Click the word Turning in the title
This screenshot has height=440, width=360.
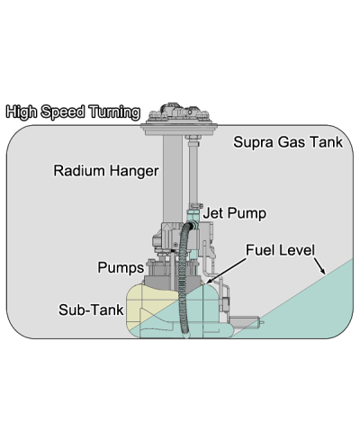(x=115, y=112)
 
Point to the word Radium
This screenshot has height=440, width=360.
(x=79, y=171)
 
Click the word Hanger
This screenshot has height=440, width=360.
(x=133, y=171)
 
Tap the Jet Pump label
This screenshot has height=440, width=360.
(x=235, y=213)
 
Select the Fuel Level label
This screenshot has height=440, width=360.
(x=281, y=250)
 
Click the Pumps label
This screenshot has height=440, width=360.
(x=121, y=267)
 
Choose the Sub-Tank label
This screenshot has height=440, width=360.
(x=91, y=310)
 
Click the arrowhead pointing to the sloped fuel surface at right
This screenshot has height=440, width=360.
(x=322, y=271)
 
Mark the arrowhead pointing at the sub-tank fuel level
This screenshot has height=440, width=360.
(x=210, y=280)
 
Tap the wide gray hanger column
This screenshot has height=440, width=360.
(x=173, y=180)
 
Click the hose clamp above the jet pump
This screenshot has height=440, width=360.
(x=194, y=206)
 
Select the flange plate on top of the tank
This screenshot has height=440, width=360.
(x=179, y=129)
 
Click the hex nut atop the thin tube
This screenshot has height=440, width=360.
(x=193, y=138)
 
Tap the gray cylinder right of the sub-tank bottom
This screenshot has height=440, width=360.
(x=246, y=323)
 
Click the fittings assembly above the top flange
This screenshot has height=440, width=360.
(x=179, y=112)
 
